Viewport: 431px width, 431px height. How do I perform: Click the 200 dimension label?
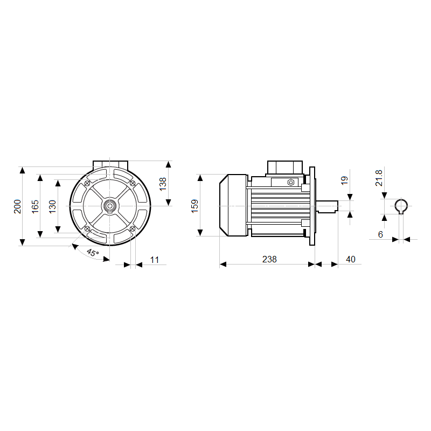point(17,206)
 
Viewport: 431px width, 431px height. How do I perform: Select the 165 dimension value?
point(35,206)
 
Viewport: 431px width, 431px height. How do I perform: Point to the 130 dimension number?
point(52,206)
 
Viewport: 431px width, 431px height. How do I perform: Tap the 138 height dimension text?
point(163,184)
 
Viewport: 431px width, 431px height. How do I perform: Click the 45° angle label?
point(93,252)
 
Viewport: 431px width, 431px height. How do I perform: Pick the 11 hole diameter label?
point(155,260)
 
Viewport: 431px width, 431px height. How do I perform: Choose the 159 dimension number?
point(194,206)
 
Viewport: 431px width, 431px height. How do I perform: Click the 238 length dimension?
point(269,259)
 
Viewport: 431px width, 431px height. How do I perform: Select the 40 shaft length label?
point(351,259)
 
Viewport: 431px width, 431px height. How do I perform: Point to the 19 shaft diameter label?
point(344,180)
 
